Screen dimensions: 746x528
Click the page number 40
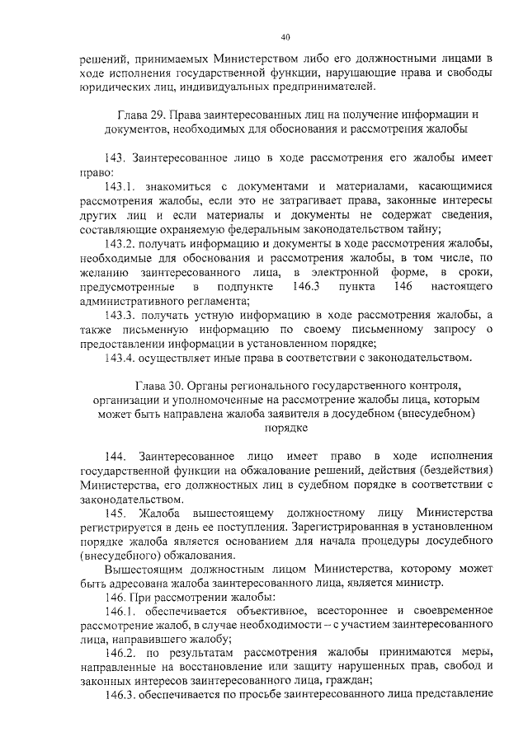point(285,37)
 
